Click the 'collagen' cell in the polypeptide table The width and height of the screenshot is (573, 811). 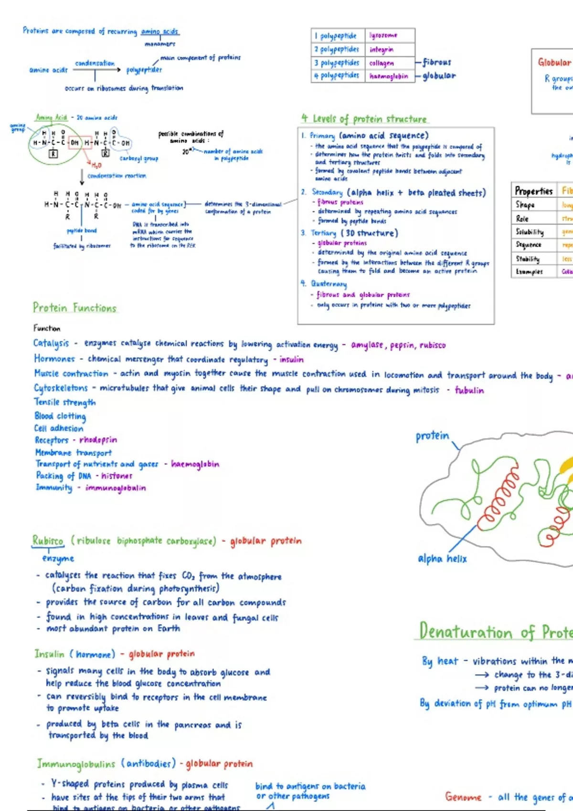click(382, 63)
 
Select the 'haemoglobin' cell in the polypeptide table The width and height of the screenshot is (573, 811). click(389, 76)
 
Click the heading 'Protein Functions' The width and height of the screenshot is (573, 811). click(74, 308)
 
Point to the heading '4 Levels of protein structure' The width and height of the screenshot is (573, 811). click(364, 119)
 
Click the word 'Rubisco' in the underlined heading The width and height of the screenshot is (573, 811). click(48, 541)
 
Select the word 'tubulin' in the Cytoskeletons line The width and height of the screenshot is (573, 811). click(469, 390)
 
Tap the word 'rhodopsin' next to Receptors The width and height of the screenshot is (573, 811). click(98, 440)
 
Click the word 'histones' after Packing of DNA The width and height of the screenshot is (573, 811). click(117, 476)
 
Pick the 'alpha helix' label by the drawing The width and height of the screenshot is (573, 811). click(442, 559)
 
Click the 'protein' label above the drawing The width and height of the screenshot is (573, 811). click(432, 436)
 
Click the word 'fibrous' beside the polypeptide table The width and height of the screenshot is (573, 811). click(436, 62)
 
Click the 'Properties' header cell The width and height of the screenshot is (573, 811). click(533, 191)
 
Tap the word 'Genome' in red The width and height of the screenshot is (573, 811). click(463, 797)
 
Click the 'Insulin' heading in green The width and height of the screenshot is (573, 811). click(49, 654)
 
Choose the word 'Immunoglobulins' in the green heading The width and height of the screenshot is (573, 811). click(76, 764)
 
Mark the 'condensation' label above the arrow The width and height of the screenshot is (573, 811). click(95, 63)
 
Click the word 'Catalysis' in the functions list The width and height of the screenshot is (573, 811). click(51, 343)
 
